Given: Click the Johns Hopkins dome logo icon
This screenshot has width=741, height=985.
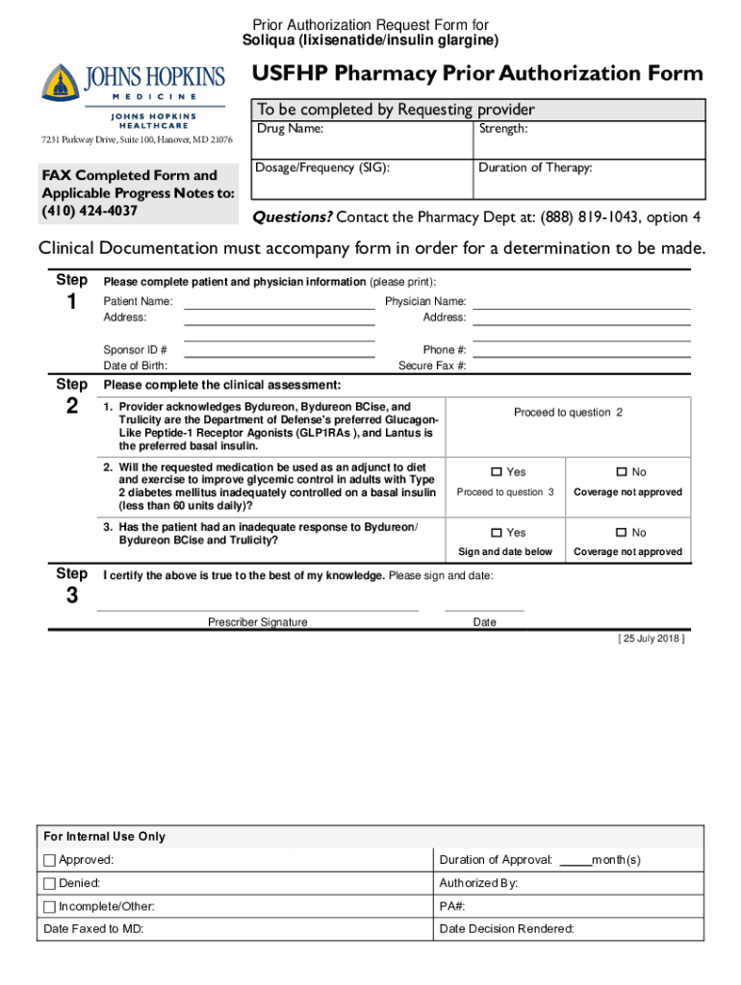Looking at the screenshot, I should coord(60,83).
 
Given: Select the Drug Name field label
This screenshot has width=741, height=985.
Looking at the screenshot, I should coord(290,129).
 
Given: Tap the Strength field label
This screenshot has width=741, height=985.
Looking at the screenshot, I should coord(502,129).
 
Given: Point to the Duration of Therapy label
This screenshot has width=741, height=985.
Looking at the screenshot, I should coord(535,167).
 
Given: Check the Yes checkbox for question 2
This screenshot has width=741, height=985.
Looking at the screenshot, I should coord(497,472).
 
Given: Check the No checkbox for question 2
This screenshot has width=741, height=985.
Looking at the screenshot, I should coord(622,472).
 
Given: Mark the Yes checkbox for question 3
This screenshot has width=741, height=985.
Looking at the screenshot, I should coord(497,533).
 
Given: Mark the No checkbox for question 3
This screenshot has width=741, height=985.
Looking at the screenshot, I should coord(622,533).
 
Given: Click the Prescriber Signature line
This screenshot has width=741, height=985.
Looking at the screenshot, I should coord(258,609).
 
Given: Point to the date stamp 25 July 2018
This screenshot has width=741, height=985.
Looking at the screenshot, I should coord(651,639).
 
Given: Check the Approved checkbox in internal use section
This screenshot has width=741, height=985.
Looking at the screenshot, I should coord(50,860).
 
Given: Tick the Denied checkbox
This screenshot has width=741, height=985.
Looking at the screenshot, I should coord(50,883).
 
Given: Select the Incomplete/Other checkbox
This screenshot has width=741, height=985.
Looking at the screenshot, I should coord(50,906).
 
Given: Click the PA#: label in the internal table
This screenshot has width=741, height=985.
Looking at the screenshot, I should coord(452,906).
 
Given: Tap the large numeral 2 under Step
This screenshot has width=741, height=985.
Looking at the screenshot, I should coord(72,405).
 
